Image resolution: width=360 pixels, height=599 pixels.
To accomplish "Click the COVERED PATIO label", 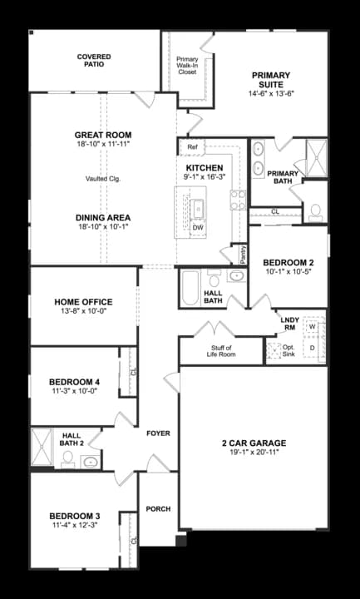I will click(94, 61).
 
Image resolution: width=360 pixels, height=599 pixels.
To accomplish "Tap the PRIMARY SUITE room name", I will click(272, 80).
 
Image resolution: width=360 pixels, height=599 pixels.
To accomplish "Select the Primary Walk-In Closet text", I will click(187, 66).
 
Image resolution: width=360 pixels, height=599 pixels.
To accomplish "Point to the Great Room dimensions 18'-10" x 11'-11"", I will click(103, 145).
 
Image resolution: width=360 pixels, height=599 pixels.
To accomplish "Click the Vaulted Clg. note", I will click(103, 178).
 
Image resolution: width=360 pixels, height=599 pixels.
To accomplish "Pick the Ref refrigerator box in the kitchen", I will click(192, 147).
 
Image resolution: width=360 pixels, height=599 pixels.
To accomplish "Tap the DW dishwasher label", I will click(198, 227).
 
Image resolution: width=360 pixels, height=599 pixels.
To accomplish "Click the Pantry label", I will click(243, 254).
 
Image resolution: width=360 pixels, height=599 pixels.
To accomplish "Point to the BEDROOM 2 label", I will click(288, 260).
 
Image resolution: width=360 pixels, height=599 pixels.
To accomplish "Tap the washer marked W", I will click(312, 327).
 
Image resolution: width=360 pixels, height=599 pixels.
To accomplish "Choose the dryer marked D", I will click(312, 348).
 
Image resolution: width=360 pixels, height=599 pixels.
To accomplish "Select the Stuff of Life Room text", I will click(221, 351).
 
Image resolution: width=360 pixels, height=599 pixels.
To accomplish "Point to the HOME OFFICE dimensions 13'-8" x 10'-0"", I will click(83, 312).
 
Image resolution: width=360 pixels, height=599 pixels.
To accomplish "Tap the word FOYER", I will click(158, 433).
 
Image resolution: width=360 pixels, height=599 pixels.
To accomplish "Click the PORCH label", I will click(158, 508).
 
